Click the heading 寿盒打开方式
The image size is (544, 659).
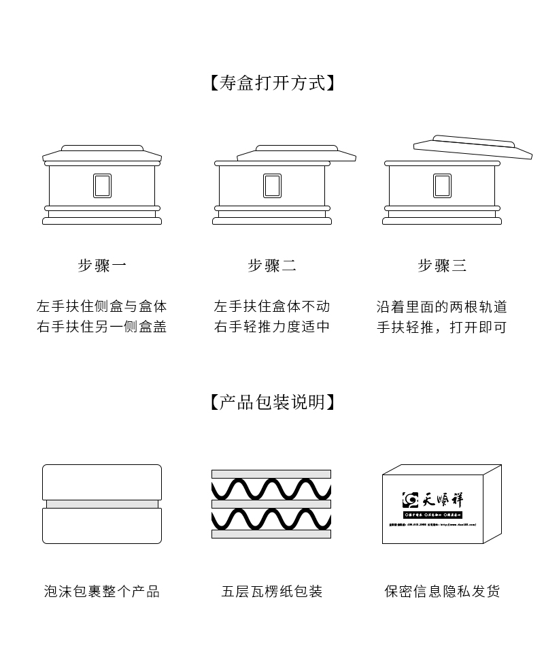(272, 84)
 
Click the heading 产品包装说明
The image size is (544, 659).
(272, 402)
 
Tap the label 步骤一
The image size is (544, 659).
(102, 266)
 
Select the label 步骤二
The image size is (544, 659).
(272, 266)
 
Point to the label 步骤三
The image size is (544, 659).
(442, 266)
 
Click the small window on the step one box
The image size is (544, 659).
(102, 186)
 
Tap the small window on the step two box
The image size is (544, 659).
(272, 186)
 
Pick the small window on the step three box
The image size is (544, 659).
(442, 186)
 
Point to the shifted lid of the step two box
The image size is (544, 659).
(296, 153)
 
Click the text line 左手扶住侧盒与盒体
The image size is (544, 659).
(102, 306)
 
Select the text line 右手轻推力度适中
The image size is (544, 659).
(272, 327)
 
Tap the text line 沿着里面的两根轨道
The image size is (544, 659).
(442, 306)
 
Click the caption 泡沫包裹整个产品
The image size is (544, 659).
(102, 592)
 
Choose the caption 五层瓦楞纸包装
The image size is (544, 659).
(272, 592)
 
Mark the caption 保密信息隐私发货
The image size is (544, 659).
(442, 592)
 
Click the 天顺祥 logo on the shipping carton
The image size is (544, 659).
(432, 500)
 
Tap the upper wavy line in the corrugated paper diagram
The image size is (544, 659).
(271, 489)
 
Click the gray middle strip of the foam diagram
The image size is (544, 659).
(102, 504)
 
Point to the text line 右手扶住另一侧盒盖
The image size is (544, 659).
(102, 327)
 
